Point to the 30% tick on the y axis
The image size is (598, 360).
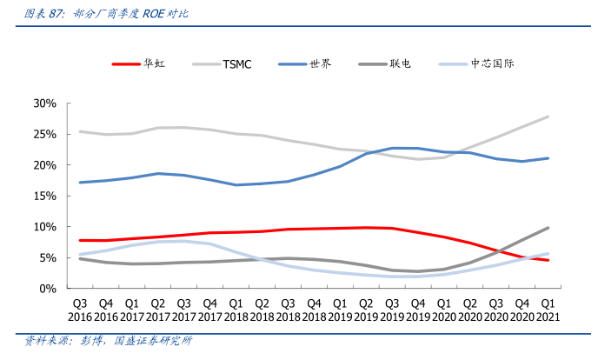pos(44,103)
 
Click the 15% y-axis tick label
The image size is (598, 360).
pos(44,196)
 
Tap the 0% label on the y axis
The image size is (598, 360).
pos(48,288)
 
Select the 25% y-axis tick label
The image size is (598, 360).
pos(44,134)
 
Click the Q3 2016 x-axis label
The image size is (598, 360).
pos(80,310)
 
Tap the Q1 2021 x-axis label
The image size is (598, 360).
pos(548,310)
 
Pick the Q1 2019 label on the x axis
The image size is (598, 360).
pos(340,310)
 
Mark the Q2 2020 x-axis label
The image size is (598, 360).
pos(469,310)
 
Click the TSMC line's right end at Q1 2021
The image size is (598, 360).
pos(548,117)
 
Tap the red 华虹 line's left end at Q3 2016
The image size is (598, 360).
pos(80,240)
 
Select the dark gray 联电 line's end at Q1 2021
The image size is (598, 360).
pos(548,228)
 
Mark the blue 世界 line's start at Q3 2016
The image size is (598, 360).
pos(80,183)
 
